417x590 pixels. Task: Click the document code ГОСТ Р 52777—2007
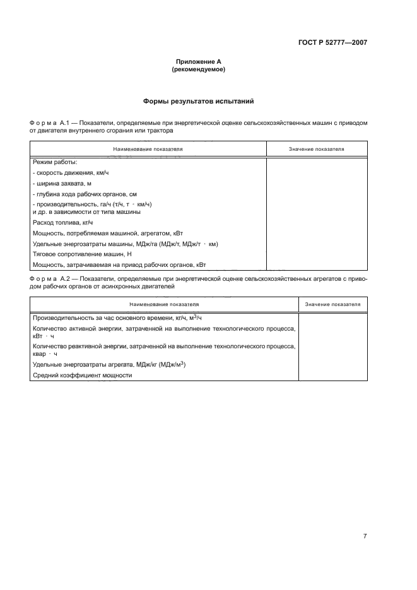coord(332,44)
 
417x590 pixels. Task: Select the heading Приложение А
coord(198,62)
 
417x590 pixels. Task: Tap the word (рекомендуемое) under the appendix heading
coord(198,69)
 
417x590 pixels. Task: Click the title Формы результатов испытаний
coord(198,101)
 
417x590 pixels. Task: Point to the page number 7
coord(365,536)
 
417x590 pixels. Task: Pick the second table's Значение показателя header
coord(332,304)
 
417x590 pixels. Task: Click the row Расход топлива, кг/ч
coord(62,222)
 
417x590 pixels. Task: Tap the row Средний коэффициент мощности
coord(82,375)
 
